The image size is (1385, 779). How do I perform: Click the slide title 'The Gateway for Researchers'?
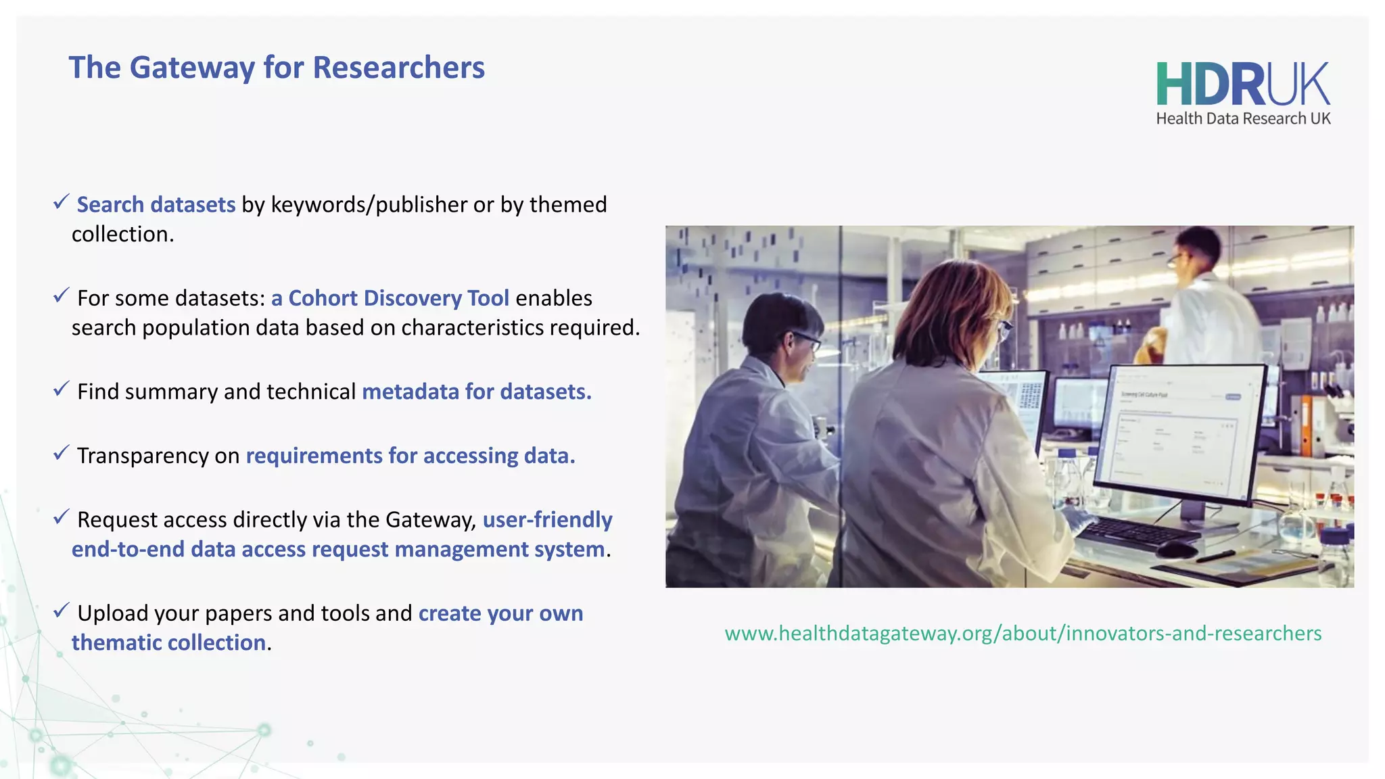coord(276,68)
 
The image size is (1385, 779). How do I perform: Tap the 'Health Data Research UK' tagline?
coord(1242,119)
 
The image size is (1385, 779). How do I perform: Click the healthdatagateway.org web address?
coord(1023,634)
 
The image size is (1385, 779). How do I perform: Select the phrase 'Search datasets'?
coord(156,204)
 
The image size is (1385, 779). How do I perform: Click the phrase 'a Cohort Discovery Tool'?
coord(390,298)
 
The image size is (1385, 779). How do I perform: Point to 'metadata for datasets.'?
coord(476,392)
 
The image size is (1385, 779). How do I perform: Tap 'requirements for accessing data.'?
coord(410,456)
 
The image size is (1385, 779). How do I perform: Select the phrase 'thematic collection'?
coord(168,642)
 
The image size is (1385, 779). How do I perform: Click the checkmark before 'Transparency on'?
coord(61,452)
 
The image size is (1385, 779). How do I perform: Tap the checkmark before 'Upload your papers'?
coord(61,610)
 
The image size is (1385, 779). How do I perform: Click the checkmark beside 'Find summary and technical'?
coord(61,388)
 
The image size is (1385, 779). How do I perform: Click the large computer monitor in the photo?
coord(1180,433)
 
